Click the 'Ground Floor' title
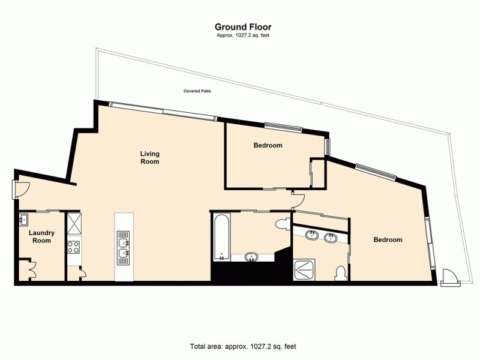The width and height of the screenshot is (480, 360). (243, 26)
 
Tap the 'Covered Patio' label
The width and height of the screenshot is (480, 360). (197, 92)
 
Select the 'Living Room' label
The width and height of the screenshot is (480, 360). (149, 157)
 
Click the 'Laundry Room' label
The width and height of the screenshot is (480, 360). (42, 236)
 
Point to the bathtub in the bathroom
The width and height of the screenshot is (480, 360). (220, 238)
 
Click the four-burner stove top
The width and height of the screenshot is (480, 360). (74, 247)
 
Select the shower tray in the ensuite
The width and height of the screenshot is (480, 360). (307, 271)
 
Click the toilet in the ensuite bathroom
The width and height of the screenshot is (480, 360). (341, 272)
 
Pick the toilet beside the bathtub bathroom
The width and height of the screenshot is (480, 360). (280, 224)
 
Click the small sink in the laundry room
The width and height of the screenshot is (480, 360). (24, 218)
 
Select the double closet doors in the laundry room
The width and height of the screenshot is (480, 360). (28, 268)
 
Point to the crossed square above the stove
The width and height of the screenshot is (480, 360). (74, 222)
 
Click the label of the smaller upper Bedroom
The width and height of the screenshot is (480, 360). (268, 145)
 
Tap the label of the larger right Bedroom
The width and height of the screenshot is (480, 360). (388, 240)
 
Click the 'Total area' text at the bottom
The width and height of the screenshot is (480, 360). (243, 347)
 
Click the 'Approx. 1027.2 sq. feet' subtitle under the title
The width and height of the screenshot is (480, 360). (243, 36)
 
